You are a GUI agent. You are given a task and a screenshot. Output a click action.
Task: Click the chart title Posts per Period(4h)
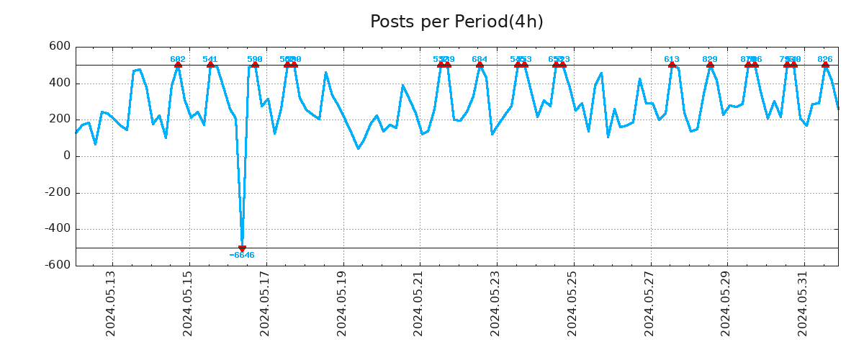[x=456, y=22]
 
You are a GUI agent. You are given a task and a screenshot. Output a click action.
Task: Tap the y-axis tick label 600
[x=59, y=47]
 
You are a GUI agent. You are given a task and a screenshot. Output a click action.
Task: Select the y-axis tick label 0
[x=67, y=156]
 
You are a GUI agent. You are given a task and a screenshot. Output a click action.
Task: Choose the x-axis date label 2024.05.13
[x=111, y=303]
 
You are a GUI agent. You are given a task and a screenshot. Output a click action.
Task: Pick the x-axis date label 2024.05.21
[x=418, y=303]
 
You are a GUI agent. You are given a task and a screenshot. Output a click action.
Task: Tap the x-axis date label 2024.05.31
[x=803, y=303]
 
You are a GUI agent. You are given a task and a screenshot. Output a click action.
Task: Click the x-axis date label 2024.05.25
[x=572, y=303]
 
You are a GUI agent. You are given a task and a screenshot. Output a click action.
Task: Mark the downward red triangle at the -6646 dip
[x=242, y=248]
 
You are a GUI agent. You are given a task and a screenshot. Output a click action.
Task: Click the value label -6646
[x=242, y=256]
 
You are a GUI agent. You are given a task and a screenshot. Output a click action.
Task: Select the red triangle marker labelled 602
[x=178, y=65]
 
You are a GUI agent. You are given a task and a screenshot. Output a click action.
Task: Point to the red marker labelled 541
[x=210, y=65]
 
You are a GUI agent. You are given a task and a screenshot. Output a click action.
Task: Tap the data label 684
[x=480, y=59]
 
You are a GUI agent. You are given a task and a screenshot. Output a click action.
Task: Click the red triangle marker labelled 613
[x=672, y=65]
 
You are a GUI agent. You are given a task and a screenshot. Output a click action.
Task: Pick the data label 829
[x=710, y=59]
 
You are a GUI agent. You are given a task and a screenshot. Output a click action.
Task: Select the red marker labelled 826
[x=825, y=65]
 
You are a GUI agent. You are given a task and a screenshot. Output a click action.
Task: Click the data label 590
[x=255, y=59]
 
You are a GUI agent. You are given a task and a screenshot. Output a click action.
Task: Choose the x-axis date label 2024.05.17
[x=265, y=303]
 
